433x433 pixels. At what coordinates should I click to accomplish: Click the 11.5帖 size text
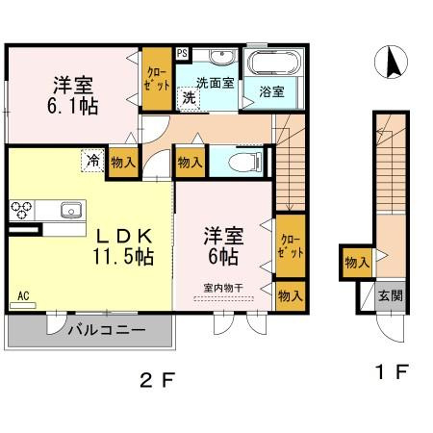point(120,257)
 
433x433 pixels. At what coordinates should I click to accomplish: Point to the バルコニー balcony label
point(106,330)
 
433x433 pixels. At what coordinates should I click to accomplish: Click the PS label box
point(182,53)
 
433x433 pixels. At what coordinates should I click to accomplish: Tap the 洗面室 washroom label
point(215,83)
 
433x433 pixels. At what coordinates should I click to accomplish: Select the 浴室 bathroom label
point(272,92)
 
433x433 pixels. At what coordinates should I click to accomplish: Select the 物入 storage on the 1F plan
point(355,262)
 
